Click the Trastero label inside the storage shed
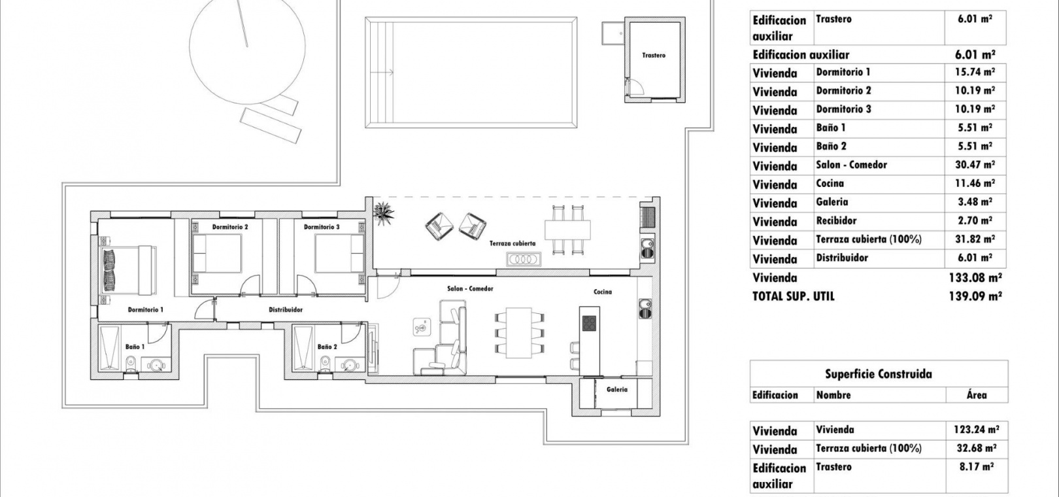[654, 56]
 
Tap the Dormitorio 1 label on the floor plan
[146, 310]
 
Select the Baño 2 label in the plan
[327, 347]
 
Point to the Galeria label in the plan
[617, 389]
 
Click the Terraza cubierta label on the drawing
[513, 243]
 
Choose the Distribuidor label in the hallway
[286, 310]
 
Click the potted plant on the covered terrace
[384, 214]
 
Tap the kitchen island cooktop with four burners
[589, 324]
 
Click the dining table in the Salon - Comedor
[519, 332]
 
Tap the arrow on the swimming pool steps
[382, 73]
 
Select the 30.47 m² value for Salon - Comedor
[975, 165]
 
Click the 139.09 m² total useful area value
[975, 296]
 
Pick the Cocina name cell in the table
[830, 183]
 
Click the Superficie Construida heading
[879, 374]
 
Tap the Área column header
[977, 395]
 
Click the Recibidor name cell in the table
[836, 220]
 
